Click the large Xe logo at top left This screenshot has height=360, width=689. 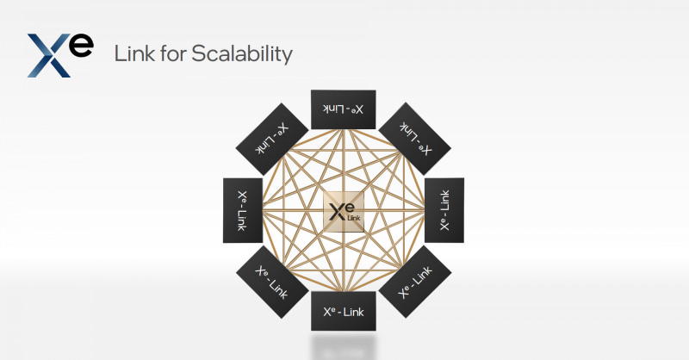[x=59, y=54]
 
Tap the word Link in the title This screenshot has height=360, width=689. [x=133, y=54]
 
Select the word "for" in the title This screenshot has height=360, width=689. [x=170, y=54]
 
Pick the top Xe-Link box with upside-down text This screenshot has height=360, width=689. [x=343, y=109]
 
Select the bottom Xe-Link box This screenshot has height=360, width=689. [x=343, y=311]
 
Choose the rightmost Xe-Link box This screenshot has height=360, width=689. [x=444, y=210]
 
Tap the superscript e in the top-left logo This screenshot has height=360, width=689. [x=82, y=45]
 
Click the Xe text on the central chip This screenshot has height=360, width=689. [x=341, y=208]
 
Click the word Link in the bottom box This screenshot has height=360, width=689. [x=355, y=311]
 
